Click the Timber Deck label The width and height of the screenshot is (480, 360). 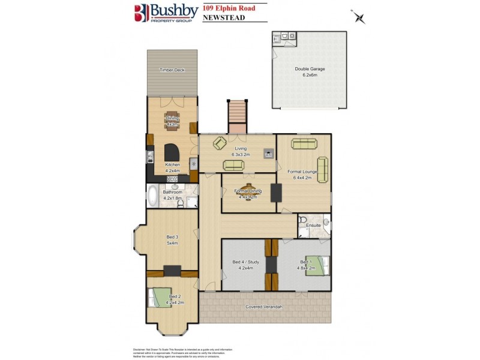point(172,70)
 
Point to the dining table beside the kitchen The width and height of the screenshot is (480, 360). point(172,122)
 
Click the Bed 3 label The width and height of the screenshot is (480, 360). point(172,241)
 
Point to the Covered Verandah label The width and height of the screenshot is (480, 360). point(264,307)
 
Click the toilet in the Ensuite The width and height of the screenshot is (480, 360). point(304,219)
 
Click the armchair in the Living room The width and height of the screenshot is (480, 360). point(220,143)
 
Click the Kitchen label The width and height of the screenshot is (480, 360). point(172,167)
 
